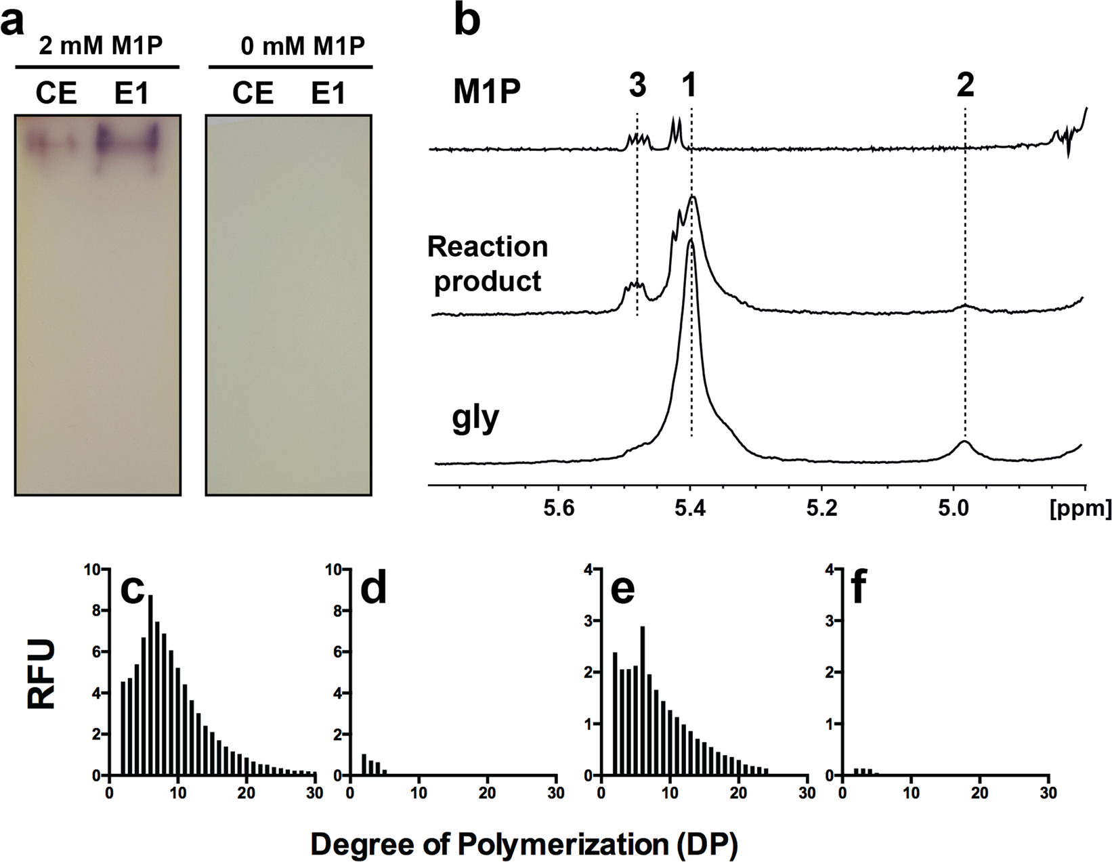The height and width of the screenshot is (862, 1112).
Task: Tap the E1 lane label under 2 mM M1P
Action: click(x=132, y=93)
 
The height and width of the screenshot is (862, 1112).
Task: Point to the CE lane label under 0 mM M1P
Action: click(x=253, y=93)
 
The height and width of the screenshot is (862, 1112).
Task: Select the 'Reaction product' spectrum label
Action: click(x=488, y=264)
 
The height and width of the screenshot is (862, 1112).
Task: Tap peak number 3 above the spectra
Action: click(x=637, y=85)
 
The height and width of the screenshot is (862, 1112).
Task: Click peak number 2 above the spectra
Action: click(x=965, y=85)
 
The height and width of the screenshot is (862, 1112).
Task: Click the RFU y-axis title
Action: click(x=42, y=675)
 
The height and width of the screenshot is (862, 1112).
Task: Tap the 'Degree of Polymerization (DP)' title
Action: click(x=523, y=844)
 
